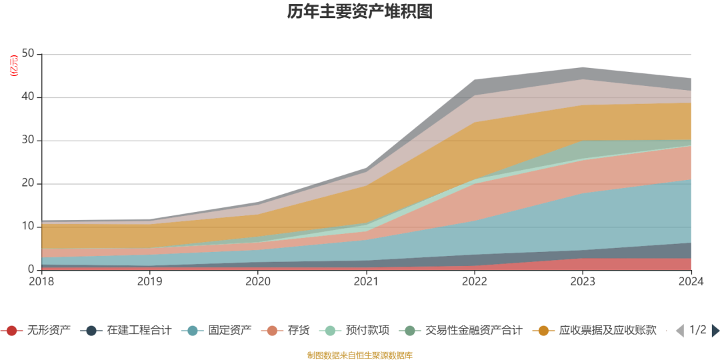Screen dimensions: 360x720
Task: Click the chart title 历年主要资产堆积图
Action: pyautogui.click(x=360, y=12)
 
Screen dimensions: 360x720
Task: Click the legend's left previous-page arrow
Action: pyautogui.click(x=679, y=330)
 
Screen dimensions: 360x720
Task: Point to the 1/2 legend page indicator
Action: pyautogui.click(x=697, y=330)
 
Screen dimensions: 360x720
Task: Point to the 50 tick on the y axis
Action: pyautogui.click(x=28, y=54)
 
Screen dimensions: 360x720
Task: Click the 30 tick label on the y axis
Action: pyautogui.click(x=28, y=141)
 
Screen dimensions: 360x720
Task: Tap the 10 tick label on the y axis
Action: pyautogui.click(x=28, y=227)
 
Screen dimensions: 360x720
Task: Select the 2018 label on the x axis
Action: pyautogui.click(x=41, y=281)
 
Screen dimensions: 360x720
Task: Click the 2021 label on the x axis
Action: pyautogui.click(x=367, y=281)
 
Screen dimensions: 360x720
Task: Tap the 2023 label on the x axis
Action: pyautogui.click(x=583, y=281)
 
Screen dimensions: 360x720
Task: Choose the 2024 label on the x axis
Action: pyautogui.click(x=691, y=281)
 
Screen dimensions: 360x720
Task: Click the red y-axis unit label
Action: pyautogui.click(x=13, y=66)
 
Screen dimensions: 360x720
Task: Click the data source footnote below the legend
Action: pyautogui.click(x=360, y=355)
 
